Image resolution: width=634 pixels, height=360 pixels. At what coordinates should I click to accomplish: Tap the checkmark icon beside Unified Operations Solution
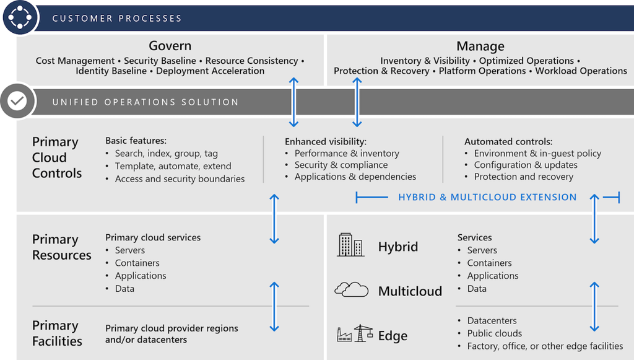click(x=17, y=101)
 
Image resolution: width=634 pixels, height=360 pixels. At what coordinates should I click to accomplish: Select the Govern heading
click(x=170, y=46)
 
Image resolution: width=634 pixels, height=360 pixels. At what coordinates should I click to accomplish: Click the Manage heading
click(x=480, y=46)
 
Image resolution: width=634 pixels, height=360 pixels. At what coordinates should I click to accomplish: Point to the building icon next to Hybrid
click(x=350, y=245)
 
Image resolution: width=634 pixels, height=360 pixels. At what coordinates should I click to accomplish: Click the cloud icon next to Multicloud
click(x=352, y=289)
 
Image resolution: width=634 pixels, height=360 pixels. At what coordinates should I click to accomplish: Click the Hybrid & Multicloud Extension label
click(x=487, y=197)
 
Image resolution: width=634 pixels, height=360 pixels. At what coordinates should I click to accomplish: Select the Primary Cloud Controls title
click(x=56, y=157)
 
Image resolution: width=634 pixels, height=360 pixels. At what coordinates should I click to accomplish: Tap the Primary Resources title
click(x=61, y=247)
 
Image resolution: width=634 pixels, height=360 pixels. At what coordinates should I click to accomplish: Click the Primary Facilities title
click(x=57, y=333)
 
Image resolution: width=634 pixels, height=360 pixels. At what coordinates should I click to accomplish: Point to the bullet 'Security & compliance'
click(x=341, y=165)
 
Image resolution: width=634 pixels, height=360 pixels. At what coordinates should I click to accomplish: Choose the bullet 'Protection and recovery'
click(x=523, y=177)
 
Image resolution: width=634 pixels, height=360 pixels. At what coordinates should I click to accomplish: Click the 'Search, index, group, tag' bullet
click(x=166, y=153)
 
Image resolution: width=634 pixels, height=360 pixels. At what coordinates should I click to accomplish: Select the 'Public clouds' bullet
click(x=494, y=333)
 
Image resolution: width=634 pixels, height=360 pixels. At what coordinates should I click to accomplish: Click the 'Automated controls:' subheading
click(x=508, y=141)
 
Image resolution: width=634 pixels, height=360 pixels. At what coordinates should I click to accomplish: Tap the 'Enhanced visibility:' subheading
click(x=326, y=141)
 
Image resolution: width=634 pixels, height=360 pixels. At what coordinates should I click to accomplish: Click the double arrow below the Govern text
click(x=294, y=102)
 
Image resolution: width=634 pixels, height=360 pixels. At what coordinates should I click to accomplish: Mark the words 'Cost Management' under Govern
click(x=75, y=61)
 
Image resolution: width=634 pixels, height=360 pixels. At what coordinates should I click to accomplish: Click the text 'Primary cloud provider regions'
click(x=172, y=328)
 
